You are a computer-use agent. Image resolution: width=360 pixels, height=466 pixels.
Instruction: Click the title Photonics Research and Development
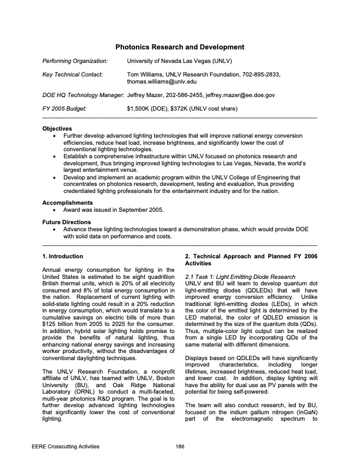[x=179, y=46]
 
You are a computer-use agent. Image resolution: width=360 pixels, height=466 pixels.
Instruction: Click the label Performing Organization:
[x=75, y=61]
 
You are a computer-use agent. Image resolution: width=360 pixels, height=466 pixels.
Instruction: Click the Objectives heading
[x=58, y=128]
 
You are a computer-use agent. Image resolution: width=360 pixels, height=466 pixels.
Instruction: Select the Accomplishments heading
[x=67, y=202]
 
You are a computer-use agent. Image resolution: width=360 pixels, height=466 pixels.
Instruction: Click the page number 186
[x=180, y=448]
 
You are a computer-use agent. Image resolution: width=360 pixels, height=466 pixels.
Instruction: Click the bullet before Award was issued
[x=55, y=209]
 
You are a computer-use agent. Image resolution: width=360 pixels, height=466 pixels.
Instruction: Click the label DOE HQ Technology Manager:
[x=83, y=95]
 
